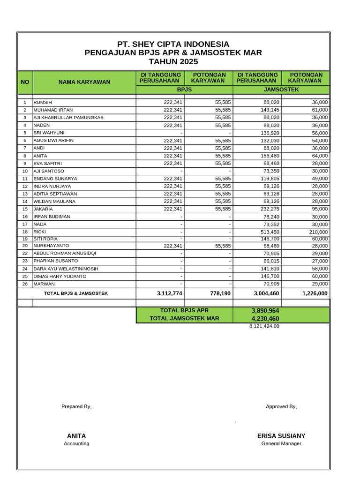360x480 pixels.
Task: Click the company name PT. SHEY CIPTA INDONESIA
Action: [x=173, y=44]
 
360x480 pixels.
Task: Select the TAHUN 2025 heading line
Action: [x=173, y=62]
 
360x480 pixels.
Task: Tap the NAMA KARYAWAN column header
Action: [x=84, y=82]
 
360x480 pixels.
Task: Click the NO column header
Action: [x=25, y=82]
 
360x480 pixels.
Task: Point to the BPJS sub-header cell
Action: [x=184, y=89]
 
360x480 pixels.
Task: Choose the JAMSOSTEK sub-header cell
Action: [x=281, y=89]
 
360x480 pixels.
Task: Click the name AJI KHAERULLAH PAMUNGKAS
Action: [x=68, y=118]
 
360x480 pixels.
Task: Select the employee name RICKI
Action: [x=40, y=232]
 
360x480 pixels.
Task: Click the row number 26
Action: [x=25, y=284]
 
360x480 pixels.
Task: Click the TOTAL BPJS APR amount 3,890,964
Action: [x=265, y=311]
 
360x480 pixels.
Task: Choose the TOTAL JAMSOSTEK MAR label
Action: [x=184, y=319]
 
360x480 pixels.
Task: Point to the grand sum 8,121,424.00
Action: [x=264, y=326]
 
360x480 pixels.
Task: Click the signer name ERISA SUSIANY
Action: [x=281, y=436]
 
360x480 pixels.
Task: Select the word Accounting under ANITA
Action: [x=76, y=443]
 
